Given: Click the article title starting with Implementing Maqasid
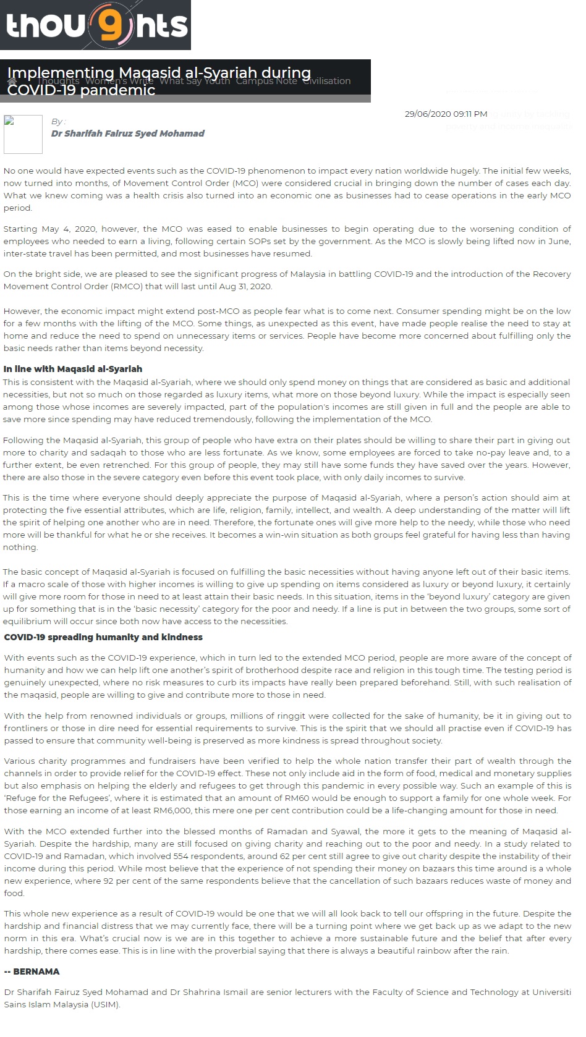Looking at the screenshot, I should click(x=159, y=81).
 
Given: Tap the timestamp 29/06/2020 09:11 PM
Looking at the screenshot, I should click(x=446, y=114).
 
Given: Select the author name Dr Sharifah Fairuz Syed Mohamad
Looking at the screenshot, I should click(x=127, y=133).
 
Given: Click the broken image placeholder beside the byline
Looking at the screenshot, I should click(x=23, y=133).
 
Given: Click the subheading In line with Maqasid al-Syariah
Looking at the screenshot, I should click(x=73, y=369).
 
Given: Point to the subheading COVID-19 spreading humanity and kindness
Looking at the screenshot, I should click(x=103, y=637).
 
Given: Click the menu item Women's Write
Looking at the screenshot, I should click(x=119, y=81).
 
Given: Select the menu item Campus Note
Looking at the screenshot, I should click(x=266, y=81).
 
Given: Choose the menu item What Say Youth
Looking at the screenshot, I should click(x=195, y=81).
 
